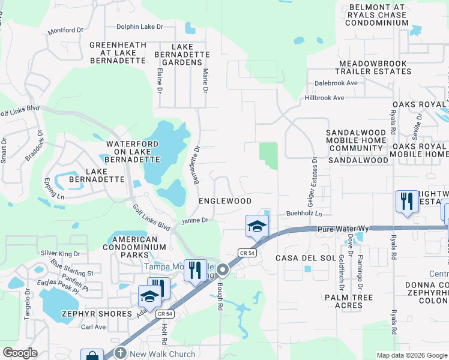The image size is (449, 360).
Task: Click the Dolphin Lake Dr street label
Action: click(140, 26)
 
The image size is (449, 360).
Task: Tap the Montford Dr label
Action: click(65, 30)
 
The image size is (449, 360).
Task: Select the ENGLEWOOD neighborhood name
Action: click(225, 200)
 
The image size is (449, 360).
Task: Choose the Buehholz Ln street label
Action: click(304, 214)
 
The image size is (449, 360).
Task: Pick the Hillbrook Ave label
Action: click(324, 98)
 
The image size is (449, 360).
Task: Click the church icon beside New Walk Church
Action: click(119, 353)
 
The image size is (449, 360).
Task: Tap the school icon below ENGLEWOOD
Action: click(257, 227)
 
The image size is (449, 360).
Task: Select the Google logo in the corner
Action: click(20, 353)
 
